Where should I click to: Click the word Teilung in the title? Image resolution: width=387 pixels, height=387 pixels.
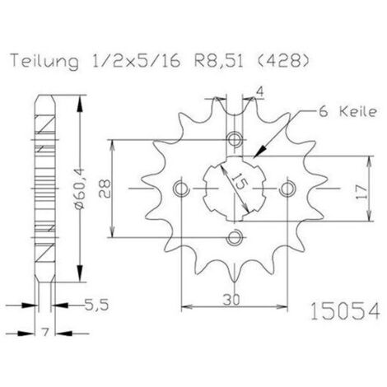click(44, 62)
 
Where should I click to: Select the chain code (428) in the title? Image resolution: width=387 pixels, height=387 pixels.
click(284, 61)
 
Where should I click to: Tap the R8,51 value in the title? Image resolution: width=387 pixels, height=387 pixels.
click(219, 61)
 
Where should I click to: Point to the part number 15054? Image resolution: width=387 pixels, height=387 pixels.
click(345, 311)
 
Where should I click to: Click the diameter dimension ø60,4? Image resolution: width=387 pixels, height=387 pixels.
click(80, 189)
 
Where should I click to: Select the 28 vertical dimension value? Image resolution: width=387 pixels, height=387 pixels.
click(105, 189)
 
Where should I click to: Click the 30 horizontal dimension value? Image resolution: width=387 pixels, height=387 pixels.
click(231, 300)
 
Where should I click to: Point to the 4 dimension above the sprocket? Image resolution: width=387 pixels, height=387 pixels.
click(260, 92)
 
